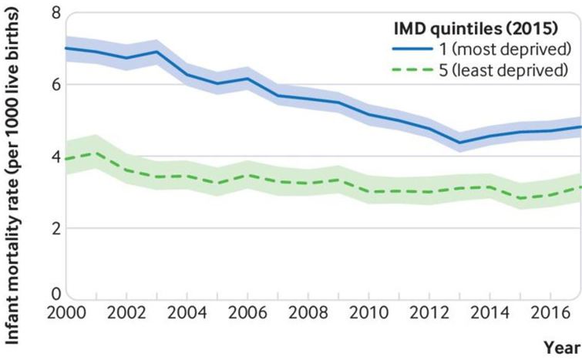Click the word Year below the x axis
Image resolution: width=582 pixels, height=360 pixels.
pos(563,348)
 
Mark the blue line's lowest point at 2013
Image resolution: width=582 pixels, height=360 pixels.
pos(459,142)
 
